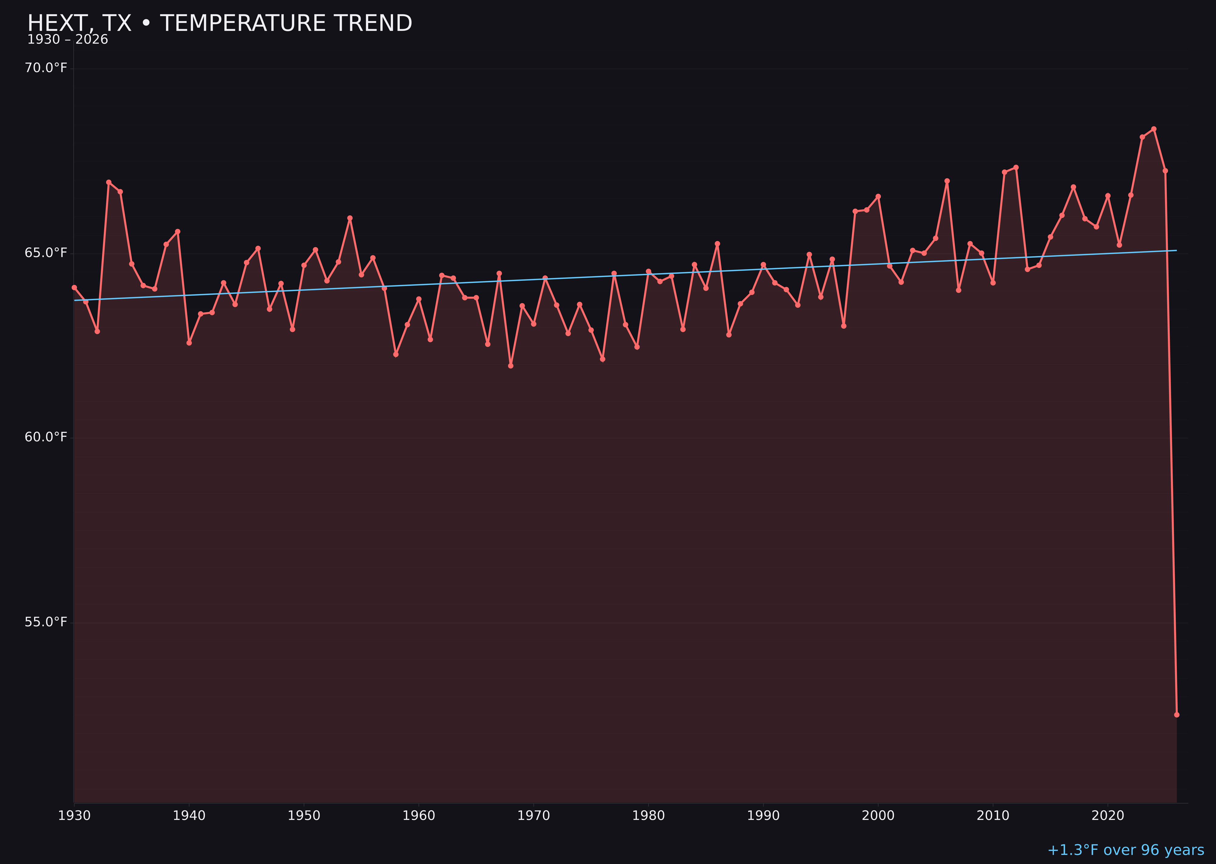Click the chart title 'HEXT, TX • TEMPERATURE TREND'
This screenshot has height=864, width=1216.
pyautogui.click(x=219, y=23)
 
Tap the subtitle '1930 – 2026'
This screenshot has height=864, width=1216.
pyautogui.click(x=67, y=40)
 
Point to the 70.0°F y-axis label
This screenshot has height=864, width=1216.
pyautogui.click(x=46, y=68)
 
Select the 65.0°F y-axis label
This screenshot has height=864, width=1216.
pyautogui.click(x=46, y=253)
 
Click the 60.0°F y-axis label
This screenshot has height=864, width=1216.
pyautogui.click(x=46, y=437)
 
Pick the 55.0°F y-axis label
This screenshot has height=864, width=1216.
pyautogui.click(x=46, y=622)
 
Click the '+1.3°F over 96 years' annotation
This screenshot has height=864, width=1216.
pyautogui.click(x=1125, y=850)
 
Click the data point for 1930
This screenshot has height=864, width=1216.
pyautogui.click(x=74, y=288)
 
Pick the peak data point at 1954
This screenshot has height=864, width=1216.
pyautogui.click(x=350, y=218)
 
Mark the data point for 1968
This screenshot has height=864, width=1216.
pyautogui.click(x=511, y=366)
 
